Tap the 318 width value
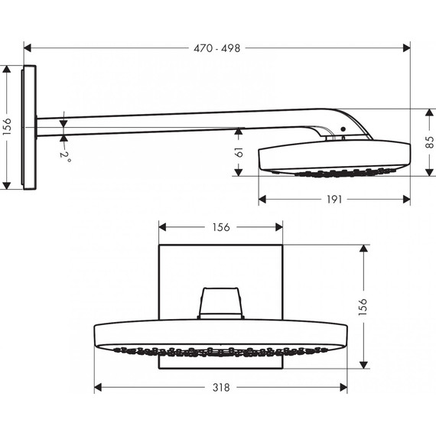tap(222, 388)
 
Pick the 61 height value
tap(239, 151)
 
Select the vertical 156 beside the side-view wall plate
tap(8, 127)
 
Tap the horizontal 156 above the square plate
tap(222, 226)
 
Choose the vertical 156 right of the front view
tap(364, 305)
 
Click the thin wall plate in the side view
tap(30, 127)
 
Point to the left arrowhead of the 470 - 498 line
tap(28, 47)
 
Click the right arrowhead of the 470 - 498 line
tap(407, 47)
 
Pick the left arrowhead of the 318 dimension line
tap(98, 388)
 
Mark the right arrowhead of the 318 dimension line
tap(346, 388)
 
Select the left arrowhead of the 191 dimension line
tap(262, 199)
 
